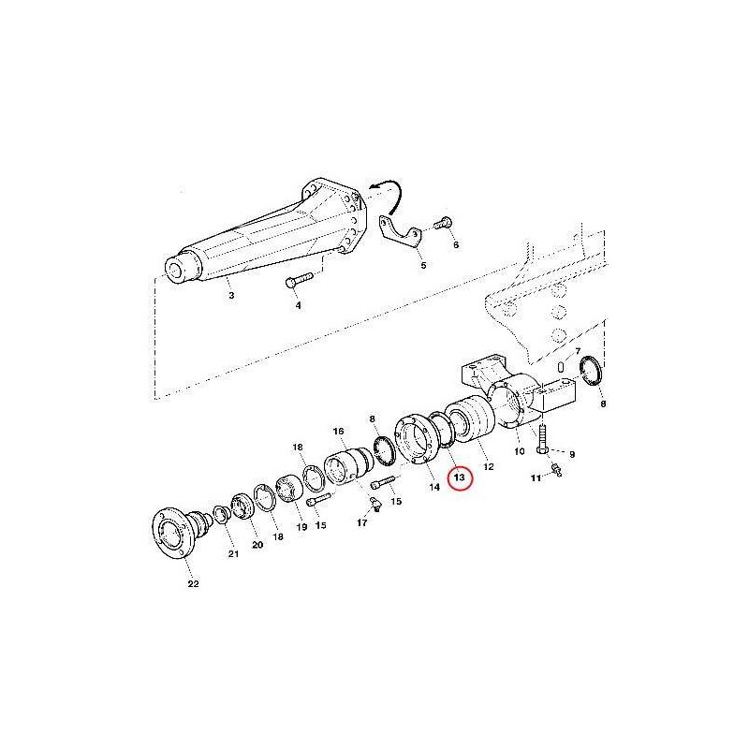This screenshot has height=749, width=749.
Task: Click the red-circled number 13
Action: click(459, 477)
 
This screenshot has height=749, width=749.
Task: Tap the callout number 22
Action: click(193, 583)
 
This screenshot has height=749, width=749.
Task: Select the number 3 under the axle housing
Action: click(231, 295)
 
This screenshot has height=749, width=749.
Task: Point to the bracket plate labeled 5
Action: click(401, 233)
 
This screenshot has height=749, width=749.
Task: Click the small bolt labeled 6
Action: click(443, 223)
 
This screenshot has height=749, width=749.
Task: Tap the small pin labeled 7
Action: click(562, 365)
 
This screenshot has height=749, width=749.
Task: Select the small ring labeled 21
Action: click(221, 513)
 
